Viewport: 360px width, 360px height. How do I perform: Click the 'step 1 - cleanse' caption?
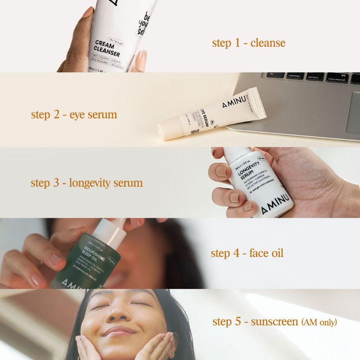pos(248,43)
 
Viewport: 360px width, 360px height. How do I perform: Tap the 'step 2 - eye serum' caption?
pos(74,114)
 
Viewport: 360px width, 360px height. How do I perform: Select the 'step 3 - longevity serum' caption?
pos(86,183)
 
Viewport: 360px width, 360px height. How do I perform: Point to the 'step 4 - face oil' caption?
pos(247,253)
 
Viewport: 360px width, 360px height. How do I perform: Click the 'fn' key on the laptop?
pos(275,75)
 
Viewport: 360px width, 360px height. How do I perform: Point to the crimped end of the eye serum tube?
pos(258,103)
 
